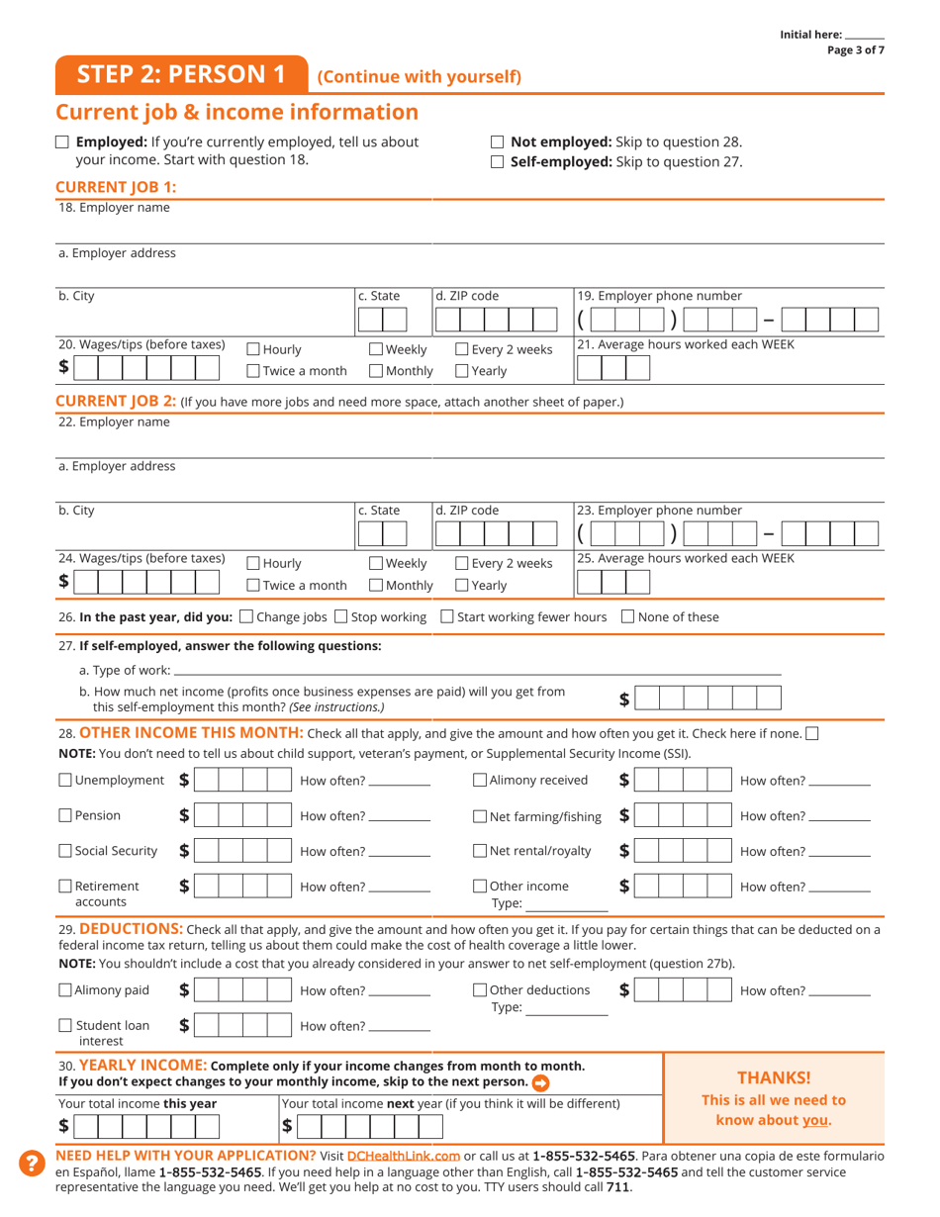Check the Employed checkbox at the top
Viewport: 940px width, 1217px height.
(x=62, y=142)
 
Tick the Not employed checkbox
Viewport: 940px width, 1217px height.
(x=498, y=142)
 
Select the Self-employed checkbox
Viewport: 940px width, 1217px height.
(x=498, y=162)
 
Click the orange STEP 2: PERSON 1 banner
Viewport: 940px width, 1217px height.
(x=181, y=75)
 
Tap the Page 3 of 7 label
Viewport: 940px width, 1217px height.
(x=856, y=50)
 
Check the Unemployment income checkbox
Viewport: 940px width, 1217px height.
(x=65, y=781)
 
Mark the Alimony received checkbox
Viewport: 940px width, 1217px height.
(x=480, y=781)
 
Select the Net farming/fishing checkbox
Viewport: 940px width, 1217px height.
(x=480, y=816)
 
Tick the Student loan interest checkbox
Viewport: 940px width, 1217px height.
(x=65, y=1026)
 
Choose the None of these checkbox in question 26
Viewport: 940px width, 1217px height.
(x=627, y=617)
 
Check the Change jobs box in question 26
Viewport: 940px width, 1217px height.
(x=246, y=617)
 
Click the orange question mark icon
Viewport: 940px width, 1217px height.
(x=32, y=1164)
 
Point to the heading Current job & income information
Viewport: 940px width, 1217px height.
(x=237, y=112)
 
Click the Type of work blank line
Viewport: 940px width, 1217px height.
(x=475, y=672)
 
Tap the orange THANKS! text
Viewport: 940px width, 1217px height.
(x=774, y=1077)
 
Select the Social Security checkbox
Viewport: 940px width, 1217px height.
(x=65, y=851)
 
